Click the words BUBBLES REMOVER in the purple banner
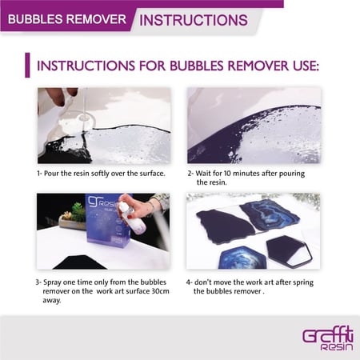point(67,19)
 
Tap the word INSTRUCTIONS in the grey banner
point(194,20)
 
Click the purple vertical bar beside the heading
point(27,65)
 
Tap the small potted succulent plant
point(74,216)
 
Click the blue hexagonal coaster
point(242,258)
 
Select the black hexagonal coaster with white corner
point(289,250)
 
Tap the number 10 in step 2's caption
point(227,174)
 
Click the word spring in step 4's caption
point(303,282)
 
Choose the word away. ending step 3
point(52,301)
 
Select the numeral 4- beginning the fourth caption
point(189,282)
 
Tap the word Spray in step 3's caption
point(52,282)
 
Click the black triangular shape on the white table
point(80,262)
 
